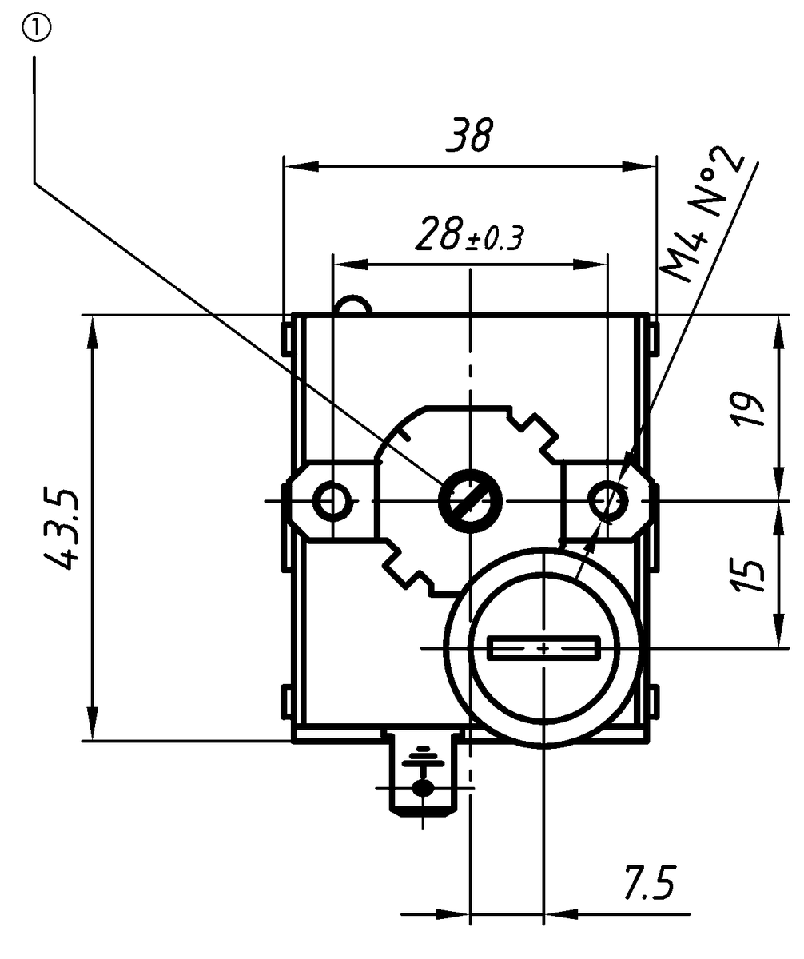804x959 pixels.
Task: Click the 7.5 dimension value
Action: coord(648,883)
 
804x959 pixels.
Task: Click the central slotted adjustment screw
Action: coord(469,502)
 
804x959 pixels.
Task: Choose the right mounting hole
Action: coord(609,502)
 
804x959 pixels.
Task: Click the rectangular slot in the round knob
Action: coord(543,647)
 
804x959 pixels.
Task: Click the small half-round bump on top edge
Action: coord(353,305)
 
